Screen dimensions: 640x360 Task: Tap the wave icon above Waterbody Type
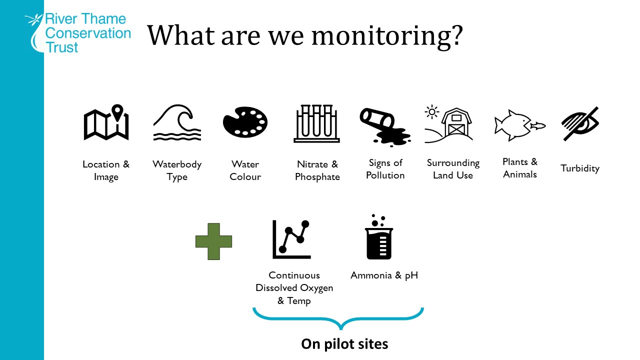tap(177, 122)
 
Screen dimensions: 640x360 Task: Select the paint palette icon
tap(245, 122)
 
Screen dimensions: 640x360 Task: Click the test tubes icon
tap(316, 123)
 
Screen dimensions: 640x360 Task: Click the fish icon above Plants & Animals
tap(519, 124)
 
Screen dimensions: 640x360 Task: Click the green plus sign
tap(213, 241)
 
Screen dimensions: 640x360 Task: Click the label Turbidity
tap(580, 168)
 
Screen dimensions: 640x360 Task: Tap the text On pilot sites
tap(344, 344)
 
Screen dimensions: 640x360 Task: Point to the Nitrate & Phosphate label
tap(317, 170)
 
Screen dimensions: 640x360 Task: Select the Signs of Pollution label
tap(385, 169)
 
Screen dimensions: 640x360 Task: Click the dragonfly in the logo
tap(34, 20)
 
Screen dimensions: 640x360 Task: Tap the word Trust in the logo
tap(62, 47)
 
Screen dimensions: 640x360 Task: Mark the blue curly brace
tap(338, 318)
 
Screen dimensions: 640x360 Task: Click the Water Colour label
tap(245, 170)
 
